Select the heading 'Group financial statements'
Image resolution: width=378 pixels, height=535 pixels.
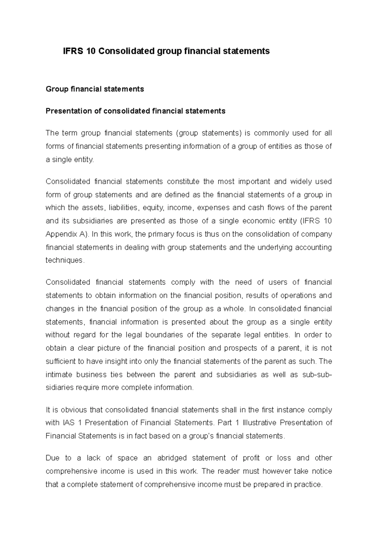click(95, 89)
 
